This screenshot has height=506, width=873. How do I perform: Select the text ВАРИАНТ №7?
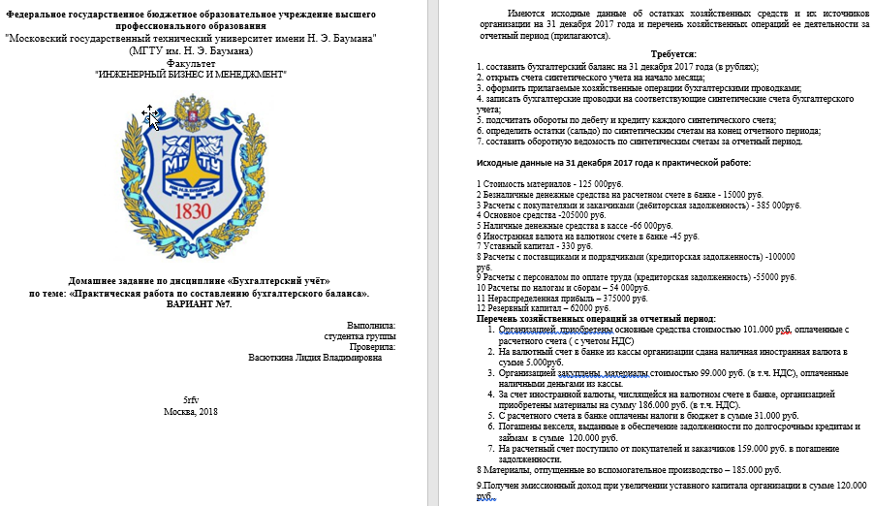tap(200, 304)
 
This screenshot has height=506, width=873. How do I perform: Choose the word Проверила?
tap(373, 346)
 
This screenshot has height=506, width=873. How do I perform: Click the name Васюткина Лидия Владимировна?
tap(315, 357)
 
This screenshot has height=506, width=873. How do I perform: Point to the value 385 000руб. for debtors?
tap(771, 205)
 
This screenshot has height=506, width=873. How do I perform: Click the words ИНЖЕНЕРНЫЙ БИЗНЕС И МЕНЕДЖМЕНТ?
tap(191, 74)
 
